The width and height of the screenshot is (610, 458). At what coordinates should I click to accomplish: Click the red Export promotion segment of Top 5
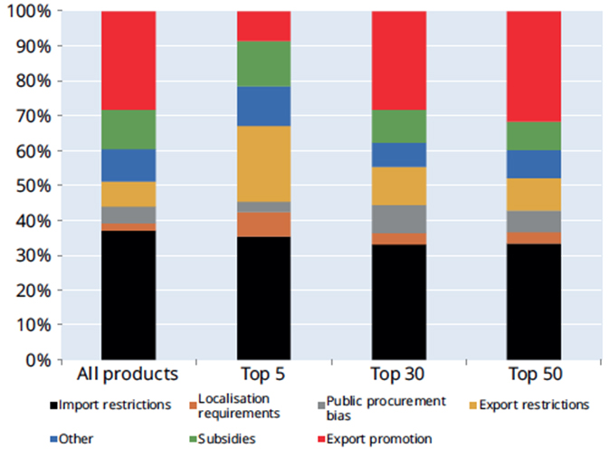tap(263, 26)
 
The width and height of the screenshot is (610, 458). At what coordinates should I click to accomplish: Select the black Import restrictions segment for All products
tap(129, 294)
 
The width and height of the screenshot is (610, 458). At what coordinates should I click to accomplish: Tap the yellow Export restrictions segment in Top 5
tap(263, 164)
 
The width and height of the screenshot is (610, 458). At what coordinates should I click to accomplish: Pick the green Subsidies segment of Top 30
tap(399, 126)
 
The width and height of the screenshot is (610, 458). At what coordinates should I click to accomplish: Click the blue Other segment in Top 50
tap(534, 164)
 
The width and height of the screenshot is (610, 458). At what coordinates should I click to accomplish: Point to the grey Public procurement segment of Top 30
tap(399, 219)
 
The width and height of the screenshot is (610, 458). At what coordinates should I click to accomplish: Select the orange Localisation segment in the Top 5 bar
tap(263, 224)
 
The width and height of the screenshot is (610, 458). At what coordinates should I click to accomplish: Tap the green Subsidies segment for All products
tap(129, 129)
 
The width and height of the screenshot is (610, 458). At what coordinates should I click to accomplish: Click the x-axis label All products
tap(129, 375)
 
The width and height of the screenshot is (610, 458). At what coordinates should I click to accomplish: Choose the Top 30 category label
tap(399, 375)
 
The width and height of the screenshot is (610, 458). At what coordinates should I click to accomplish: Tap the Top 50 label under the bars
tap(534, 375)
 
